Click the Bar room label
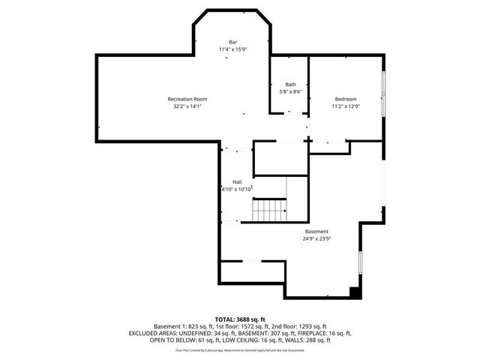point(233,41)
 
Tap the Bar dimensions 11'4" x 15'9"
point(233,49)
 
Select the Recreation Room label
point(187,99)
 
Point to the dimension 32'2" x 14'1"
point(187,106)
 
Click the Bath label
point(290,85)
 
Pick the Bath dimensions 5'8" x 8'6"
point(290,92)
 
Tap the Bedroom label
point(345,99)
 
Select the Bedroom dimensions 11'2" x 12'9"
point(345,106)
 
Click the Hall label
point(237,182)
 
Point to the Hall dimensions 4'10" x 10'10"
point(238,190)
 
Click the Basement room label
point(316,232)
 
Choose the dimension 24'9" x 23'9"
point(316,239)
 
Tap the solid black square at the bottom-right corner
point(356,292)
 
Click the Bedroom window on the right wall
point(384,94)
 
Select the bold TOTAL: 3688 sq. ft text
point(240,319)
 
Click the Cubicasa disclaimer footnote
point(240,349)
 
